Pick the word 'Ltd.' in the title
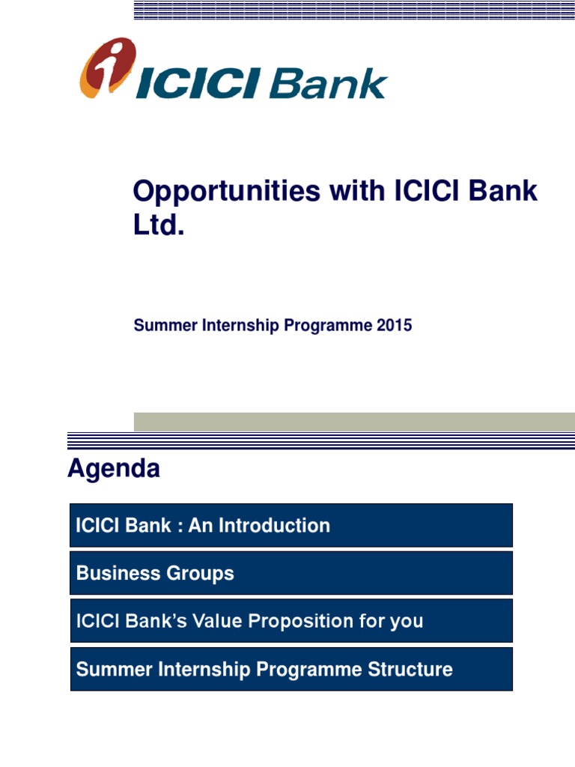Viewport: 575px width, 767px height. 158,225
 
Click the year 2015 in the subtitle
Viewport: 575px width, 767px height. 395,326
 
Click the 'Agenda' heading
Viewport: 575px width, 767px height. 114,469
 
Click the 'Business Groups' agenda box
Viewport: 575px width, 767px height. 291,574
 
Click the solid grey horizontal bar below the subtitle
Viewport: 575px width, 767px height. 354,422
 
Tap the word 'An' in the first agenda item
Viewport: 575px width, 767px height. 199,526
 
